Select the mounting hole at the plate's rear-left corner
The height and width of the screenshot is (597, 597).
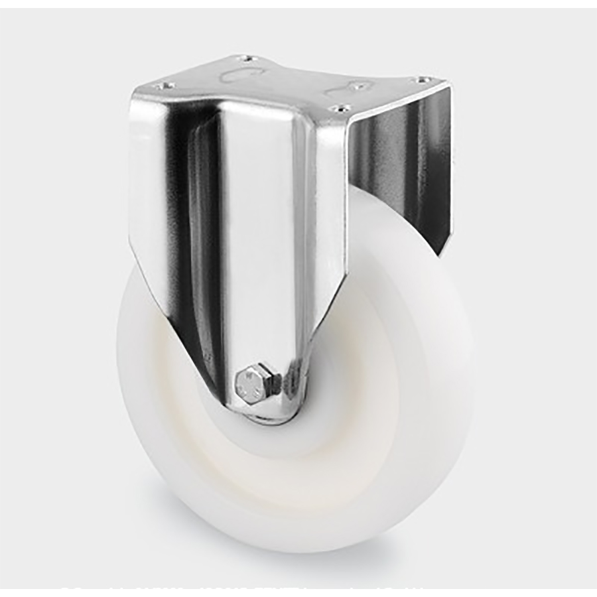tap(245, 59)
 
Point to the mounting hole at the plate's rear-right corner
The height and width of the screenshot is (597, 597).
tap(419, 80)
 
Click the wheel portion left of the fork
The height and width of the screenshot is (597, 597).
tap(143, 371)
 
